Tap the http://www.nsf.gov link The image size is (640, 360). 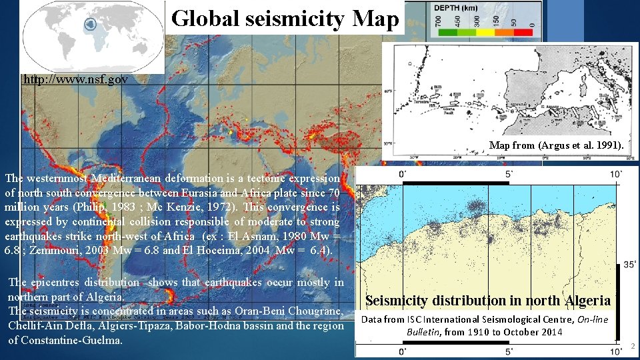pyautogui.click(x=75, y=79)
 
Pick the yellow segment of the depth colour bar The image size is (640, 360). pyautogui.click(x=488, y=31)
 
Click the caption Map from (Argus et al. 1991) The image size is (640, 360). pyautogui.click(x=557, y=145)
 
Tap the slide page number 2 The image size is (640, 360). pyautogui.click(x=632, y=346)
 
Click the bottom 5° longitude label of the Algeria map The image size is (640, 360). pyautogui.click(x=509, y=351)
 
